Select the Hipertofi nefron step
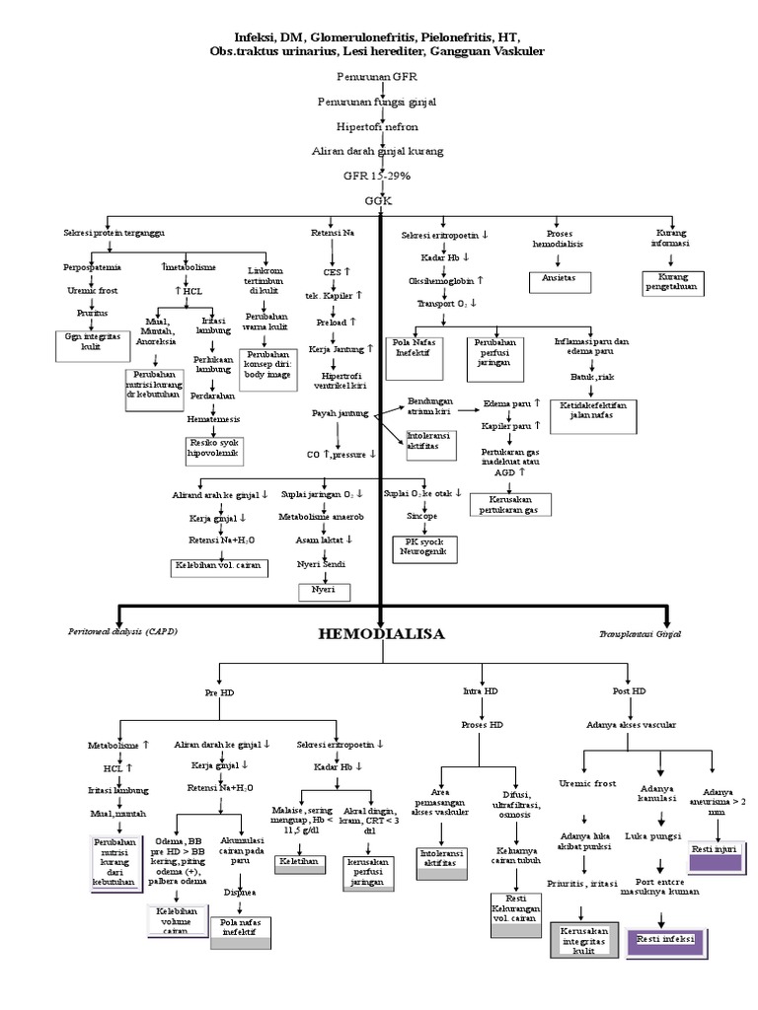[377, 127]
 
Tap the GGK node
[378, 200]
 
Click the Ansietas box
[559, 279]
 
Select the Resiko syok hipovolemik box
[213, 450]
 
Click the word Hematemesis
[213, 419]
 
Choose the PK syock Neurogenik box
[423, 547]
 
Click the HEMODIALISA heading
[381, 633]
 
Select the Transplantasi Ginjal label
[640, 634]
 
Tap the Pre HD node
[219, 692]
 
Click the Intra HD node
[480, 691]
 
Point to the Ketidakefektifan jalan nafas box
[592, 410]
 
